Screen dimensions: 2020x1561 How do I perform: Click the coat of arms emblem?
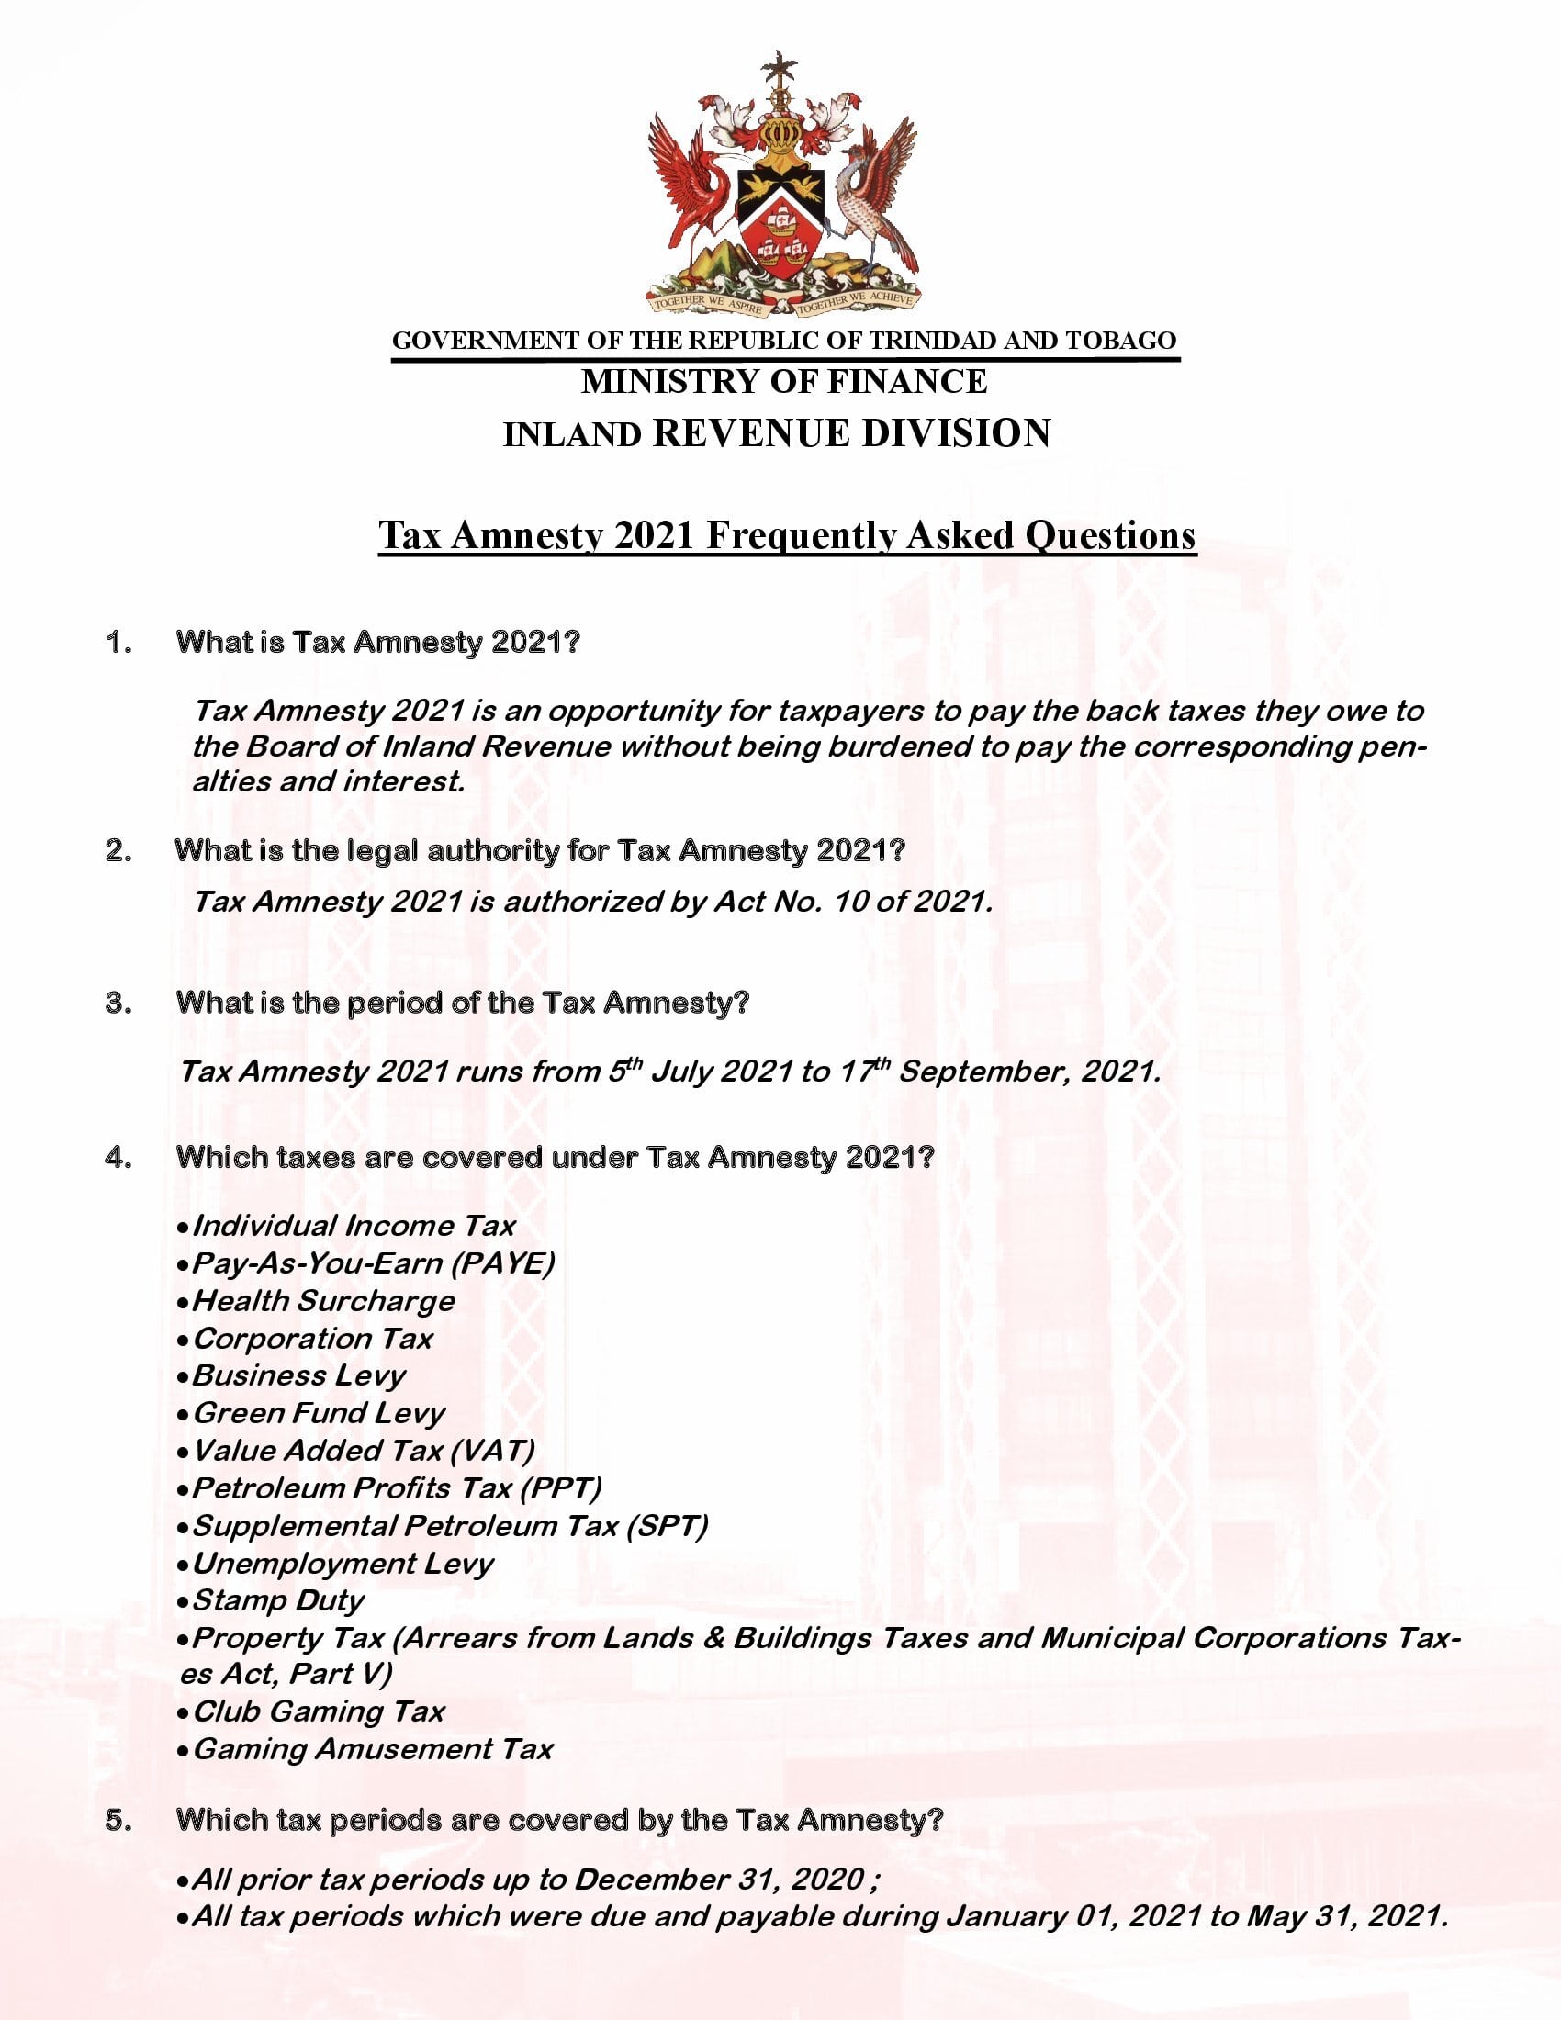pos(783,185)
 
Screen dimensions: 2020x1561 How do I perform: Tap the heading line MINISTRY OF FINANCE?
pos(783,381)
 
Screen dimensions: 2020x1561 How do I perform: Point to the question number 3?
pos(118,1003)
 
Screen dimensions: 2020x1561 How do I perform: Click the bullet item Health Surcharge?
pos(323,1300)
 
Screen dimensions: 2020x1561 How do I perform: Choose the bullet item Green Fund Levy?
pos(319,1413)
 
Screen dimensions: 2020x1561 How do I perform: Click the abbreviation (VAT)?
pos(493,1450)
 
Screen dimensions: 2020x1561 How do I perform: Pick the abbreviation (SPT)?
pos(667,1525)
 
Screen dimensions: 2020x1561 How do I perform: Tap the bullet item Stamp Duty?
pos(277,1600)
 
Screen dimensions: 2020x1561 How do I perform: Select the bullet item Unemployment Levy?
pos(343,1563)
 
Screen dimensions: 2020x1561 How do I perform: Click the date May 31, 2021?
pos(1344,1915)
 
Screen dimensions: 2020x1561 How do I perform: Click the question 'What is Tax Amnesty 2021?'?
pos(377,642)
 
